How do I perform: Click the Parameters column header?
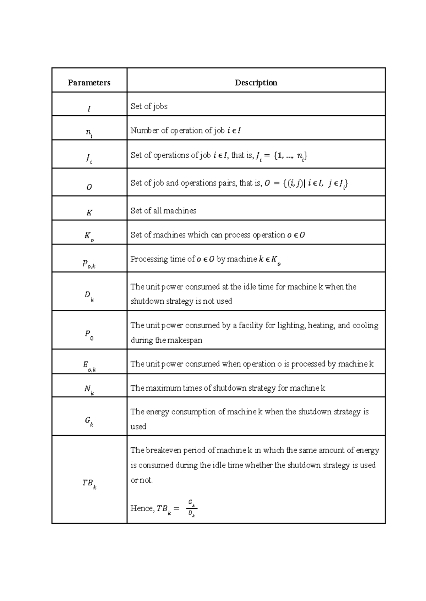(x=89, y=83)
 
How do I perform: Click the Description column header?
(x=256, y=83)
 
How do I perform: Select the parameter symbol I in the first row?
(x=89, y=109)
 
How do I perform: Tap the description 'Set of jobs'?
(x=149, y=106)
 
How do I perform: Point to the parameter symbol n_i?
(x=89, y=133)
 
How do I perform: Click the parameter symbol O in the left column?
(x=89, y=187)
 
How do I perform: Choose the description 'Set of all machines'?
(x=163, y=211)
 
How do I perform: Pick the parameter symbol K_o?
(x=89, y=236)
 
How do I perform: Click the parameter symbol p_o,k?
(x=89, y=263)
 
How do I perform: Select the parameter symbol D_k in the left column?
(x=89, y=296)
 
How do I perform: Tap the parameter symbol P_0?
(x=89, y=335)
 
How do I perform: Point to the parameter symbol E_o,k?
(x=89, y=366)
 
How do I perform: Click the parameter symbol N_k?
(x=89, y=390)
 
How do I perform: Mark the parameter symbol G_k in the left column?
(x=89, y=421)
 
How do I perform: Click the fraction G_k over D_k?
(x=192, y=508)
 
